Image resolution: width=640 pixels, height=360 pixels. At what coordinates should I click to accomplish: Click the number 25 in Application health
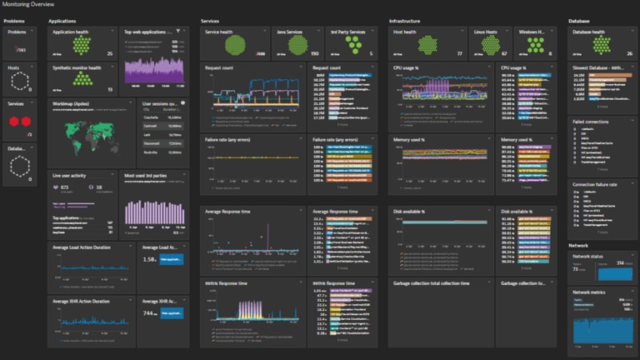point(110,52)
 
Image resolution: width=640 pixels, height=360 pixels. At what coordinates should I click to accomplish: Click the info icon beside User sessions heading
point(182,103)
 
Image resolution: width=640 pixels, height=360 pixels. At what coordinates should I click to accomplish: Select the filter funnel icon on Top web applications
point(178,31)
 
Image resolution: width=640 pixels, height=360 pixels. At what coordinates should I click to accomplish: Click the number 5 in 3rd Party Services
point(372,52)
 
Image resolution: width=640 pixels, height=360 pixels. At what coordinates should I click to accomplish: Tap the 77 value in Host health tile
point(482,52)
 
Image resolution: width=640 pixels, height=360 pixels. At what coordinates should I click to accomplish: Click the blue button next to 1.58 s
point(170,260)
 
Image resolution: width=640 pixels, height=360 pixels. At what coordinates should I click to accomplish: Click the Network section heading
point(578,246)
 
